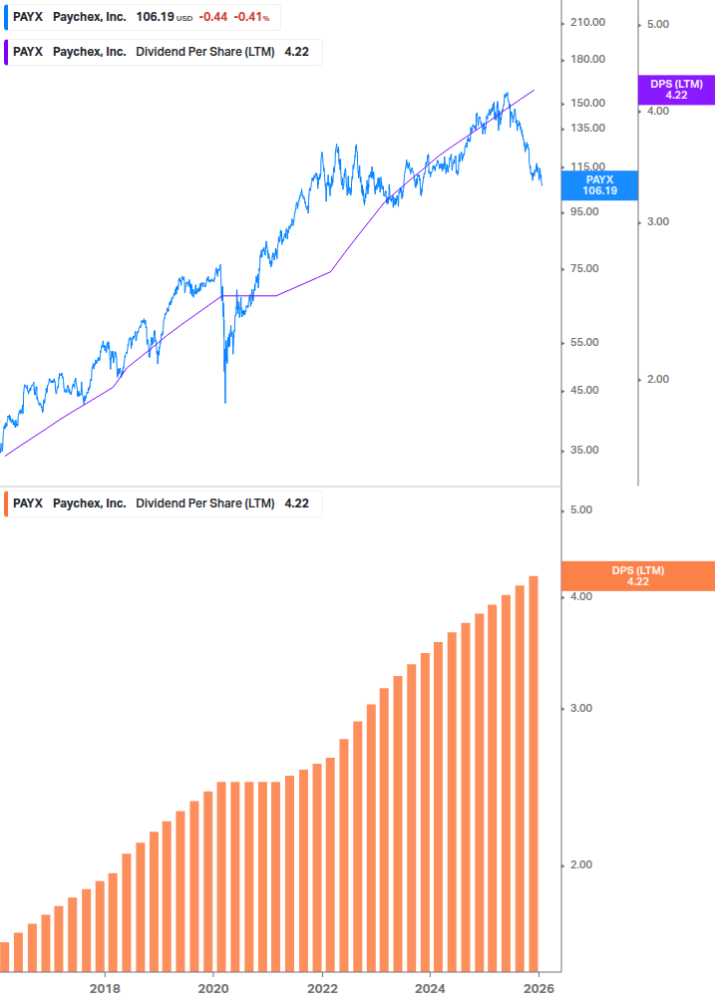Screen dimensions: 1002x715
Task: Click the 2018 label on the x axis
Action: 105,988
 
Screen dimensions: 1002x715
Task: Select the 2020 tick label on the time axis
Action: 213,988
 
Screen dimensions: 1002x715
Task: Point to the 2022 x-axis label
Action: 322,988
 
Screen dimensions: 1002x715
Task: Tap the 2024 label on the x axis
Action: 430,988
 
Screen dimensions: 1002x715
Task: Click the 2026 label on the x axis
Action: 538,988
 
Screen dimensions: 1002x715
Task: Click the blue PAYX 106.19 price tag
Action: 600,184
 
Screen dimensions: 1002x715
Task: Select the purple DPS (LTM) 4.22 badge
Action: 676,90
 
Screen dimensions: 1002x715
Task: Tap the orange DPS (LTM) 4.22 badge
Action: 638,575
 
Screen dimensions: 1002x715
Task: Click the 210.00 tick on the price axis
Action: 586,23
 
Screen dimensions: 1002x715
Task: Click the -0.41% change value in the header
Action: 251,17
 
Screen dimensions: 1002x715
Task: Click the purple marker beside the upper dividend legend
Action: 7,52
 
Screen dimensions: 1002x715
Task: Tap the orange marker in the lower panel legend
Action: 7,503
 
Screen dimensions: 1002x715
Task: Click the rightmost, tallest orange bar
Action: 534,773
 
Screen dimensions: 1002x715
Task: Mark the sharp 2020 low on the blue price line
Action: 225,401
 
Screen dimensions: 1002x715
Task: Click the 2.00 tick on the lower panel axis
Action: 580,864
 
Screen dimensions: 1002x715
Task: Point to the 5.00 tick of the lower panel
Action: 580,509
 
